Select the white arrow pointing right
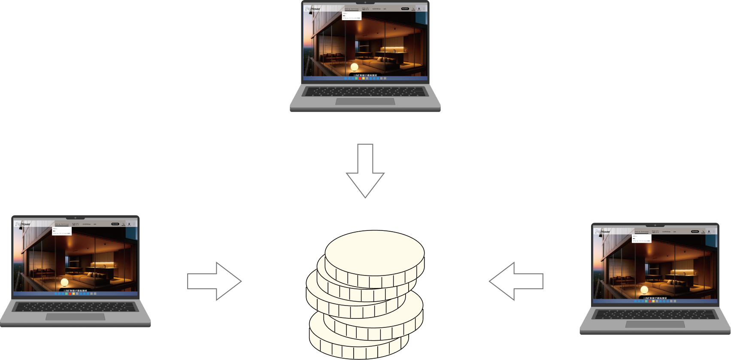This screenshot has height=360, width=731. [x=215, y=281]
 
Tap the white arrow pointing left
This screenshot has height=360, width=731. [x=516, y=281]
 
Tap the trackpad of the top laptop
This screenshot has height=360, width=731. [x=365, y=102]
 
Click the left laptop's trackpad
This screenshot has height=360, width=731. [x=76, y=317]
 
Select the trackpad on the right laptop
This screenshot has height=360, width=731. [x=655, y=324]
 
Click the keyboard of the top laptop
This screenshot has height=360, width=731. [x=365, y=91]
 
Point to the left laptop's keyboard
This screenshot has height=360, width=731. [x=76, y=306]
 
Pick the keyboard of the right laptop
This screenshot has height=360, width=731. [x=655, y=314]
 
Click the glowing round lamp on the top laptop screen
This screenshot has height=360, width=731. [x=354, y=67]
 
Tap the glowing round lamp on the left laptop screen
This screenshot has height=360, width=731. [x=64, y=282]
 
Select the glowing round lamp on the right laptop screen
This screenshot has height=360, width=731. [x=644, y=290]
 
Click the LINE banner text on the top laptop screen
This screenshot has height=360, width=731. [x=365, y=75]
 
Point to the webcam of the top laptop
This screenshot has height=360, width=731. [x=365, y=2]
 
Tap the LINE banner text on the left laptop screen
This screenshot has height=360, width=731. [x=76, y=290]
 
